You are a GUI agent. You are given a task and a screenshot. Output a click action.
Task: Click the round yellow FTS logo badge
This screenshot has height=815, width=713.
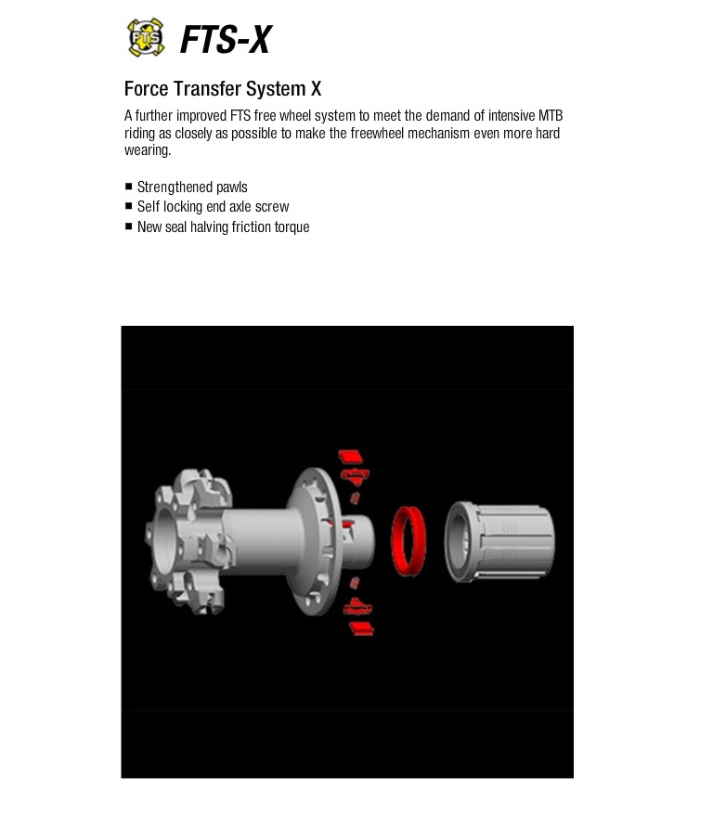pos(146,37)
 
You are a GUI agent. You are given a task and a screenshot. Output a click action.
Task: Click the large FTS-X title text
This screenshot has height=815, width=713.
pos(226,40)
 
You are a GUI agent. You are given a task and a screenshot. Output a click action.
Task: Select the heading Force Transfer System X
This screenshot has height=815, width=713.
pos(223,89)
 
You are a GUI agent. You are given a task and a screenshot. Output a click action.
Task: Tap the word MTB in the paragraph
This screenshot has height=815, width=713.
pos(551,115)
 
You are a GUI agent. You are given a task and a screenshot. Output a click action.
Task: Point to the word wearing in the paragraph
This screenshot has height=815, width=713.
pos(147,150)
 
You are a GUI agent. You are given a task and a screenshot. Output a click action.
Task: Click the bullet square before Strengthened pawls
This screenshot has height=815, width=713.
pos(129,186)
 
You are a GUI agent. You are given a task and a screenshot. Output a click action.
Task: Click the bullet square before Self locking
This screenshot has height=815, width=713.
pos(129,206)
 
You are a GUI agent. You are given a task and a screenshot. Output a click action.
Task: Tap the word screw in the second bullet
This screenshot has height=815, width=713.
pos(272,207)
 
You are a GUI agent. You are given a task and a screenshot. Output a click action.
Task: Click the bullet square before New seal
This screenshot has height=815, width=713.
pos(129,226)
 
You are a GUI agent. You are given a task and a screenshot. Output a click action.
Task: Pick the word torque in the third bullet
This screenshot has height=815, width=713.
pos(292,227)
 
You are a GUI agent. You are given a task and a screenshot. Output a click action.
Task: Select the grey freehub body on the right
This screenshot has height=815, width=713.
pos(499,541)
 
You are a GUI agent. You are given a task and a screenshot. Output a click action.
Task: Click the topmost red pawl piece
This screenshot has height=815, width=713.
pos(350,457)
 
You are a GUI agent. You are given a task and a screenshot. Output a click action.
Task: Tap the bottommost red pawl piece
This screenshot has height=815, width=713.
pos(362,629)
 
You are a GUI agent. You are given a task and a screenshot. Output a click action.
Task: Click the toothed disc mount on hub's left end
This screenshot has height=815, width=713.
pos(188,540)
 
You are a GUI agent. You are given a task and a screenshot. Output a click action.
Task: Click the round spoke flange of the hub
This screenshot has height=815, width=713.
pos(315,541)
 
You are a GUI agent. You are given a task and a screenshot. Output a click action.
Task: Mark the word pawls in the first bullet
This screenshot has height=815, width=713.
pos(232,188)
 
